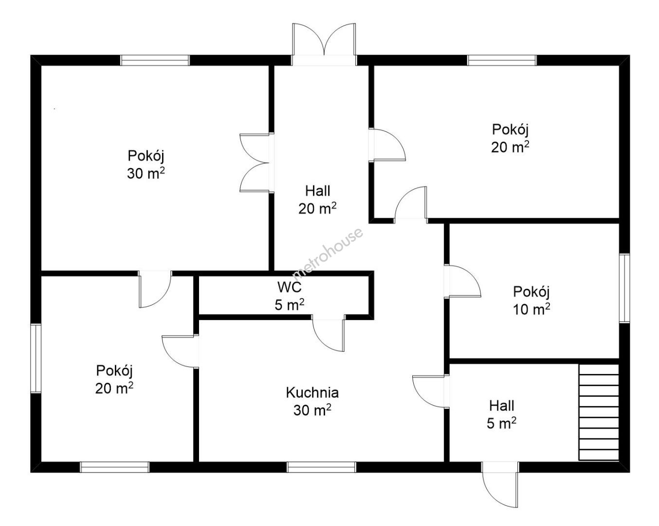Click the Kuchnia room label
pyautogui.click(x=312, y=393)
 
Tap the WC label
pyautogui.click(x=290, y=287)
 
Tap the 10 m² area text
pyautogui.click(x=531, y=309)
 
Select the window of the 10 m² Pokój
pyautogui.click(x=624, y=288)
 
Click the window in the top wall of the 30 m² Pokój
pyautogui.click(x=155, y=60)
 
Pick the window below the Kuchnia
pyautogui.click(x=321, y=467)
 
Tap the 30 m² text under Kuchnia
pyautogui.click(x=312, y=410)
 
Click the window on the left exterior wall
pyautogui.click(x=36, y=358)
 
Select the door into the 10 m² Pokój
pyautogui.click(x=462, y=281)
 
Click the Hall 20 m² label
pyautogui.click(x=317, y=200)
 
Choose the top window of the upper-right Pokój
pyautogui.click(x=502, y=60)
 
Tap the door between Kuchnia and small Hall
pyautogui.click(x=431, y=391)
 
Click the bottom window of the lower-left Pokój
pyautogui.click(x=114, y=467)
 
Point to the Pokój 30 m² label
pyautogui.click(x=146, y=165)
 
